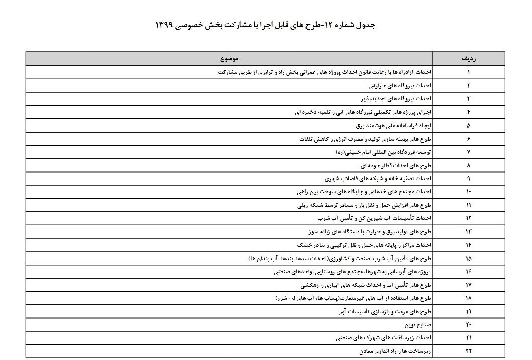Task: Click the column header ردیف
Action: click(x=469, y=59)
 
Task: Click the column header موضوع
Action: click(x=229, y=59)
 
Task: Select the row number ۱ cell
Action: click(x=469, y=72)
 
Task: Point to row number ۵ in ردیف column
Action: click(x=469, y=125)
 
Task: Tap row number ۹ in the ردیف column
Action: click(x=469, y=178)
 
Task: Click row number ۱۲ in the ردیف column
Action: click(x=469, y=218)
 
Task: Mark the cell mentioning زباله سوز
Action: click(x=369, y=231)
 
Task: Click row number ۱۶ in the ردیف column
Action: click(x=469, y=271)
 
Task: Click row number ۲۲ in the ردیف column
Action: click(x=469, y=351)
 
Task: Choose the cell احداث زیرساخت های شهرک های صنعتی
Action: click(x=382, y=337)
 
